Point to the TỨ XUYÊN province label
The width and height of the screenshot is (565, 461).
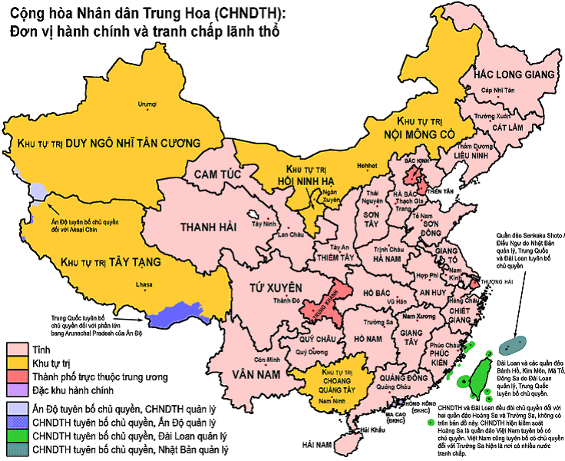272,287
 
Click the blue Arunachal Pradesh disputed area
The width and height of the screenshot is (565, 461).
173,314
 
